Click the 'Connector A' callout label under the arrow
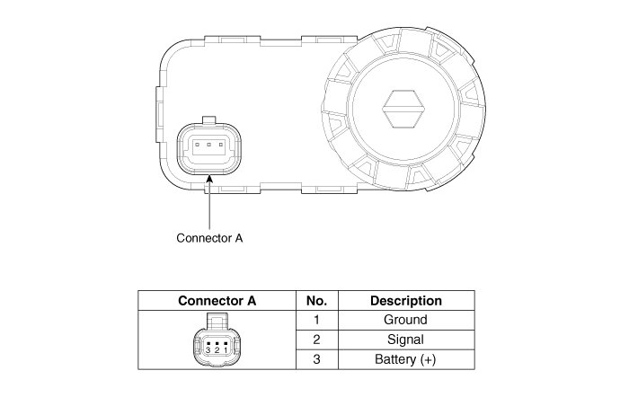(x=209, y=238)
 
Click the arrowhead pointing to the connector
(x=209, y=180)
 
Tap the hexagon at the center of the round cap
(x=403, y=109)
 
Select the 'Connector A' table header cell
(x=217, y=301)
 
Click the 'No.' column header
(x=316, y=301)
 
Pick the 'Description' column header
(x=406, y=301)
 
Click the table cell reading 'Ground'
(x=405, y=320)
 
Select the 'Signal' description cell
(x=405, y=340)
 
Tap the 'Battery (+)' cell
(x=405, y=359)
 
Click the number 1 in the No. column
(x=316, y=320)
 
